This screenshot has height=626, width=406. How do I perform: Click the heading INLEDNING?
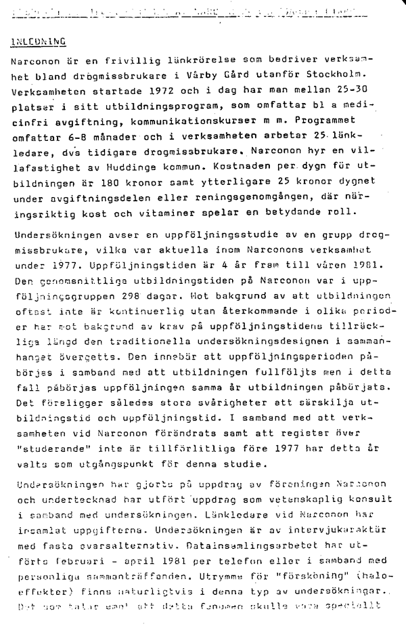tap(39, 41)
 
